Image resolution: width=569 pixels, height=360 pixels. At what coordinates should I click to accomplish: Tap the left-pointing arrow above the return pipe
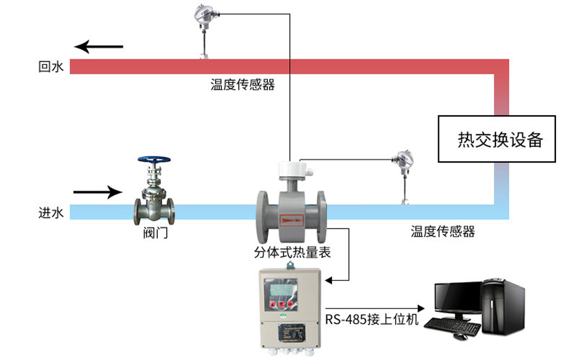pyautogui.click(x=99, y=46)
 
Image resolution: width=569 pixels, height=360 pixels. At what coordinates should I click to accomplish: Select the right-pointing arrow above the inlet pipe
pyautogui.click(x=97, y=192)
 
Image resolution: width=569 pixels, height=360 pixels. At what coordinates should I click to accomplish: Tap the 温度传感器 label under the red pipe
pyautogui.click(x=242, y=85)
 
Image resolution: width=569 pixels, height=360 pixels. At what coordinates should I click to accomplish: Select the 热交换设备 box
pyautogui.click(x=496, y=140)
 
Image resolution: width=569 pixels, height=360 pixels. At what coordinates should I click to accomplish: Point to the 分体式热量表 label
pyautogui.click(x=292, y=252)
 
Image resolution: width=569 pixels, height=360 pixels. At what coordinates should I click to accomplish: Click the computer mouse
pyautogui.click(x=460, y=336)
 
